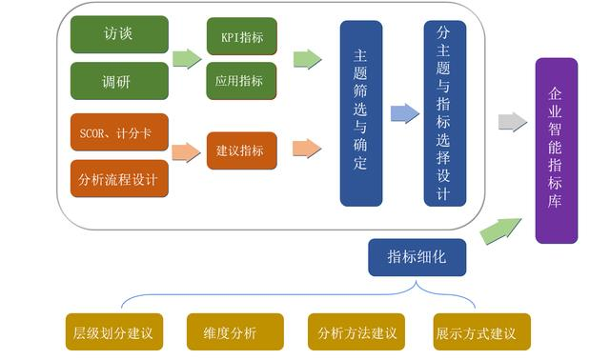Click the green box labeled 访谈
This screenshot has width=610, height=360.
coord(119,34)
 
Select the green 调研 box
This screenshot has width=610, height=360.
coord(119,80)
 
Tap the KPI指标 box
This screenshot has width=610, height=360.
coord(242,36)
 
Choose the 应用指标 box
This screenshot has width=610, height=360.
coord(242,81)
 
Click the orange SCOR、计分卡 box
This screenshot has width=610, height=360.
coord(119,132)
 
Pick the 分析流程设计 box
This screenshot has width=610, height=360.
coord(119,178)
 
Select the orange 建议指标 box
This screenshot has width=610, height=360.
coord(242,150)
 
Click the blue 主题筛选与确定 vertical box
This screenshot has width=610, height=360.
coord(361,113)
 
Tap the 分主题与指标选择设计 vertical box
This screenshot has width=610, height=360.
coord(445,113)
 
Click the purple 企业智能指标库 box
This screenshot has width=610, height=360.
coord(557,150)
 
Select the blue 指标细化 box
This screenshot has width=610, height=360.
coord(417,257)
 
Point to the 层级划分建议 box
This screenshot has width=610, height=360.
coord(112,333)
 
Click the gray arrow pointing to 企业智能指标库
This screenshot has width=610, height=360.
coord(512,122)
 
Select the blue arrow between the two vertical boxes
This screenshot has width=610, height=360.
coord(404,113)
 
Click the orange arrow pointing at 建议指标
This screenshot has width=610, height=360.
coord(188,150)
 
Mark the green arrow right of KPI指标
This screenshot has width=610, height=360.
coord(306,59)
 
